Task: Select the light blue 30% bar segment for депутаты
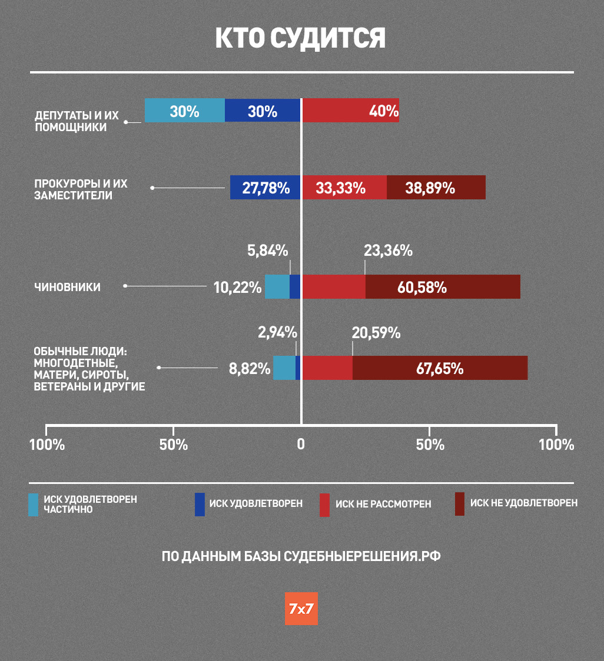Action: [185, 111]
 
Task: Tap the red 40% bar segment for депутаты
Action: [351, 111]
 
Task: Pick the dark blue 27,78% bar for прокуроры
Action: [266, 188]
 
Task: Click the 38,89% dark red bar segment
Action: [436, 188]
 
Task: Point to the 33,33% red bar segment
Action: [344, 188]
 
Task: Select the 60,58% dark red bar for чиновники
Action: [443, 287]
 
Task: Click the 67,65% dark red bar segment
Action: [440, 368]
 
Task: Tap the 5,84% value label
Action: [267, 251]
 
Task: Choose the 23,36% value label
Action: [388, 251]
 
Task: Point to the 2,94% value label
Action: [277, 332]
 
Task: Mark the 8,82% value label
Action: [250, 369]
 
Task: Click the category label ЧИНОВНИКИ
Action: [67, 287]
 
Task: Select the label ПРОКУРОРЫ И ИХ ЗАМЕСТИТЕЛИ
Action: [81, 189]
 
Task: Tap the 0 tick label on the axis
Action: [301, 445]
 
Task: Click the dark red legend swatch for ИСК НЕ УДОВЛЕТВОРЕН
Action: [460, 504]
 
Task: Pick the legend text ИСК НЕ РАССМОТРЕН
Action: [383, 505]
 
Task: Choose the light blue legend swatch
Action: [33, 505]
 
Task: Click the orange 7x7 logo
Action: [301, 609]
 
